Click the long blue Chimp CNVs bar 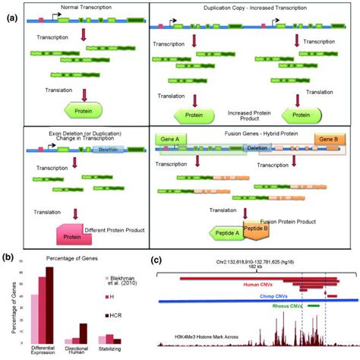[251, 302]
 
